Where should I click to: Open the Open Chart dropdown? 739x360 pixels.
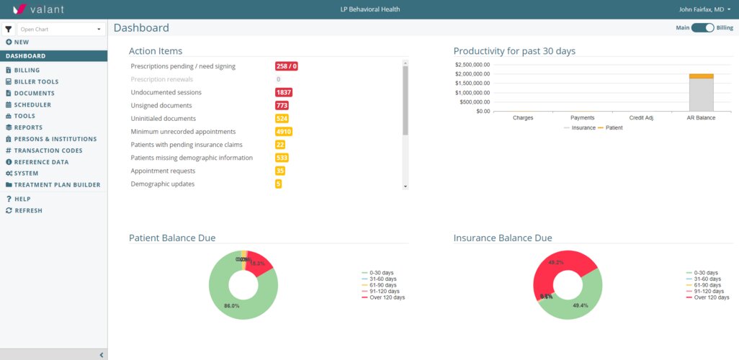(x=61, y=30)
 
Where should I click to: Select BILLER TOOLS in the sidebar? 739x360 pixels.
(x=36, y=82)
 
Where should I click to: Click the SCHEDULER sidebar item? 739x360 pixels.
(x=32, y=104)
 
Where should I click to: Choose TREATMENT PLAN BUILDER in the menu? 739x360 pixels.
(x=57, y=185)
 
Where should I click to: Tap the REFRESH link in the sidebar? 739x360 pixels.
(x=28, y=211)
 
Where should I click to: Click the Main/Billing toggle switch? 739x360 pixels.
(x=702, y=28)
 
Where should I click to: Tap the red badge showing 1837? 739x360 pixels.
(x=284, y=93)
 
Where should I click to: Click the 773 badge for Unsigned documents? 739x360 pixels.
(x=282, y=106)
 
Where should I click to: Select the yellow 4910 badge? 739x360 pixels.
(x=284, y=132)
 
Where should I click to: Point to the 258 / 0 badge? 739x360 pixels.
(x=287, y=66)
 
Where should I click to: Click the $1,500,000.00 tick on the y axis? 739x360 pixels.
(x=472, y=84)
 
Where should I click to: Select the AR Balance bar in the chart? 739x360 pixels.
(x=701, y=94)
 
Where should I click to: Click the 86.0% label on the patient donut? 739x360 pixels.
(x=231, y=306)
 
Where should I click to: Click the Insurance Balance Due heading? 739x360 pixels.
(x=503, y=238)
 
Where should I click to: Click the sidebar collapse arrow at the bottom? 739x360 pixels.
(x=102, y=355)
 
